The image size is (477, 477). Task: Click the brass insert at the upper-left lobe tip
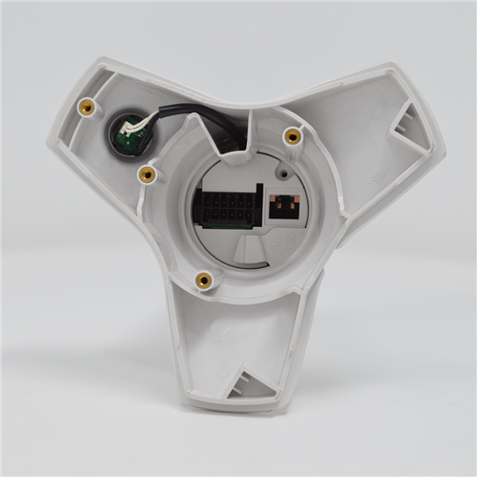(87, 107)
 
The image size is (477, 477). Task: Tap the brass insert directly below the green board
(147, 174)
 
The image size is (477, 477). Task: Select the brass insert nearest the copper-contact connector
(293, 136)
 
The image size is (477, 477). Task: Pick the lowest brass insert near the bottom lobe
(203, 280)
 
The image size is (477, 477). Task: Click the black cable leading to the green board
(181, 114)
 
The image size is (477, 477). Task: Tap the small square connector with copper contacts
(284, 205)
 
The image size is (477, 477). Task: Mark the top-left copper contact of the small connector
(277, 199)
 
